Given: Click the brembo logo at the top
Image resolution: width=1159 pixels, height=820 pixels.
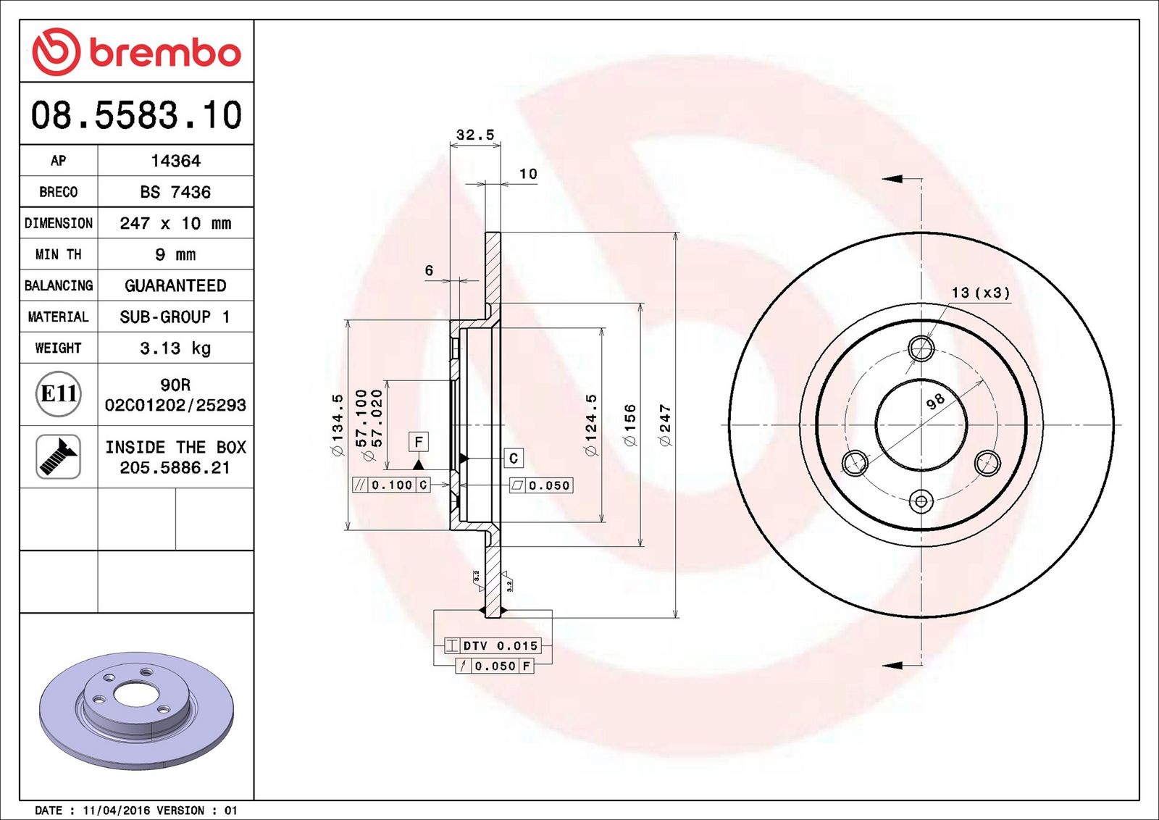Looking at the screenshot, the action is pyautogui.click(x=137, y=51).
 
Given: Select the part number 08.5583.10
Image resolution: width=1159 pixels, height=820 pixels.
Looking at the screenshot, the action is pyautogui.click(x=137, y=115).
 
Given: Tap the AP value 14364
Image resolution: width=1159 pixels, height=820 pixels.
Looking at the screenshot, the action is pyautogui.click(x=175, y=161).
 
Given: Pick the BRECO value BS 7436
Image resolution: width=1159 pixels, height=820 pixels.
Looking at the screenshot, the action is pyautogui.click(x=175, y=192).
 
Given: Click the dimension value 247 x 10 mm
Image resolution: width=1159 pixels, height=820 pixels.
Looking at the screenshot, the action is pyautogui.click(x=175, y=223).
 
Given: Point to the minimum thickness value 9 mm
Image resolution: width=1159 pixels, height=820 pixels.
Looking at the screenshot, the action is pyautogui.click(x=175, y=254).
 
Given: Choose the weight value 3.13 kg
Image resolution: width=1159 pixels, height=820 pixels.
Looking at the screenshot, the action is pyautogui.click(x=175, y=348).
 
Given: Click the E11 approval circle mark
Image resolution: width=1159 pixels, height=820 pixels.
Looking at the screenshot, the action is pyautogui.click(x=59, y=394).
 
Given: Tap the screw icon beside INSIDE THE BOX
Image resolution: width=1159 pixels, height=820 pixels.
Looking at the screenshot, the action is pyautogui.click(x=58, y=457).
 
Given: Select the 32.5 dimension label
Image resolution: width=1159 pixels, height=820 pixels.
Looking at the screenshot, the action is pyautogui.click(x=475, y=135).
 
